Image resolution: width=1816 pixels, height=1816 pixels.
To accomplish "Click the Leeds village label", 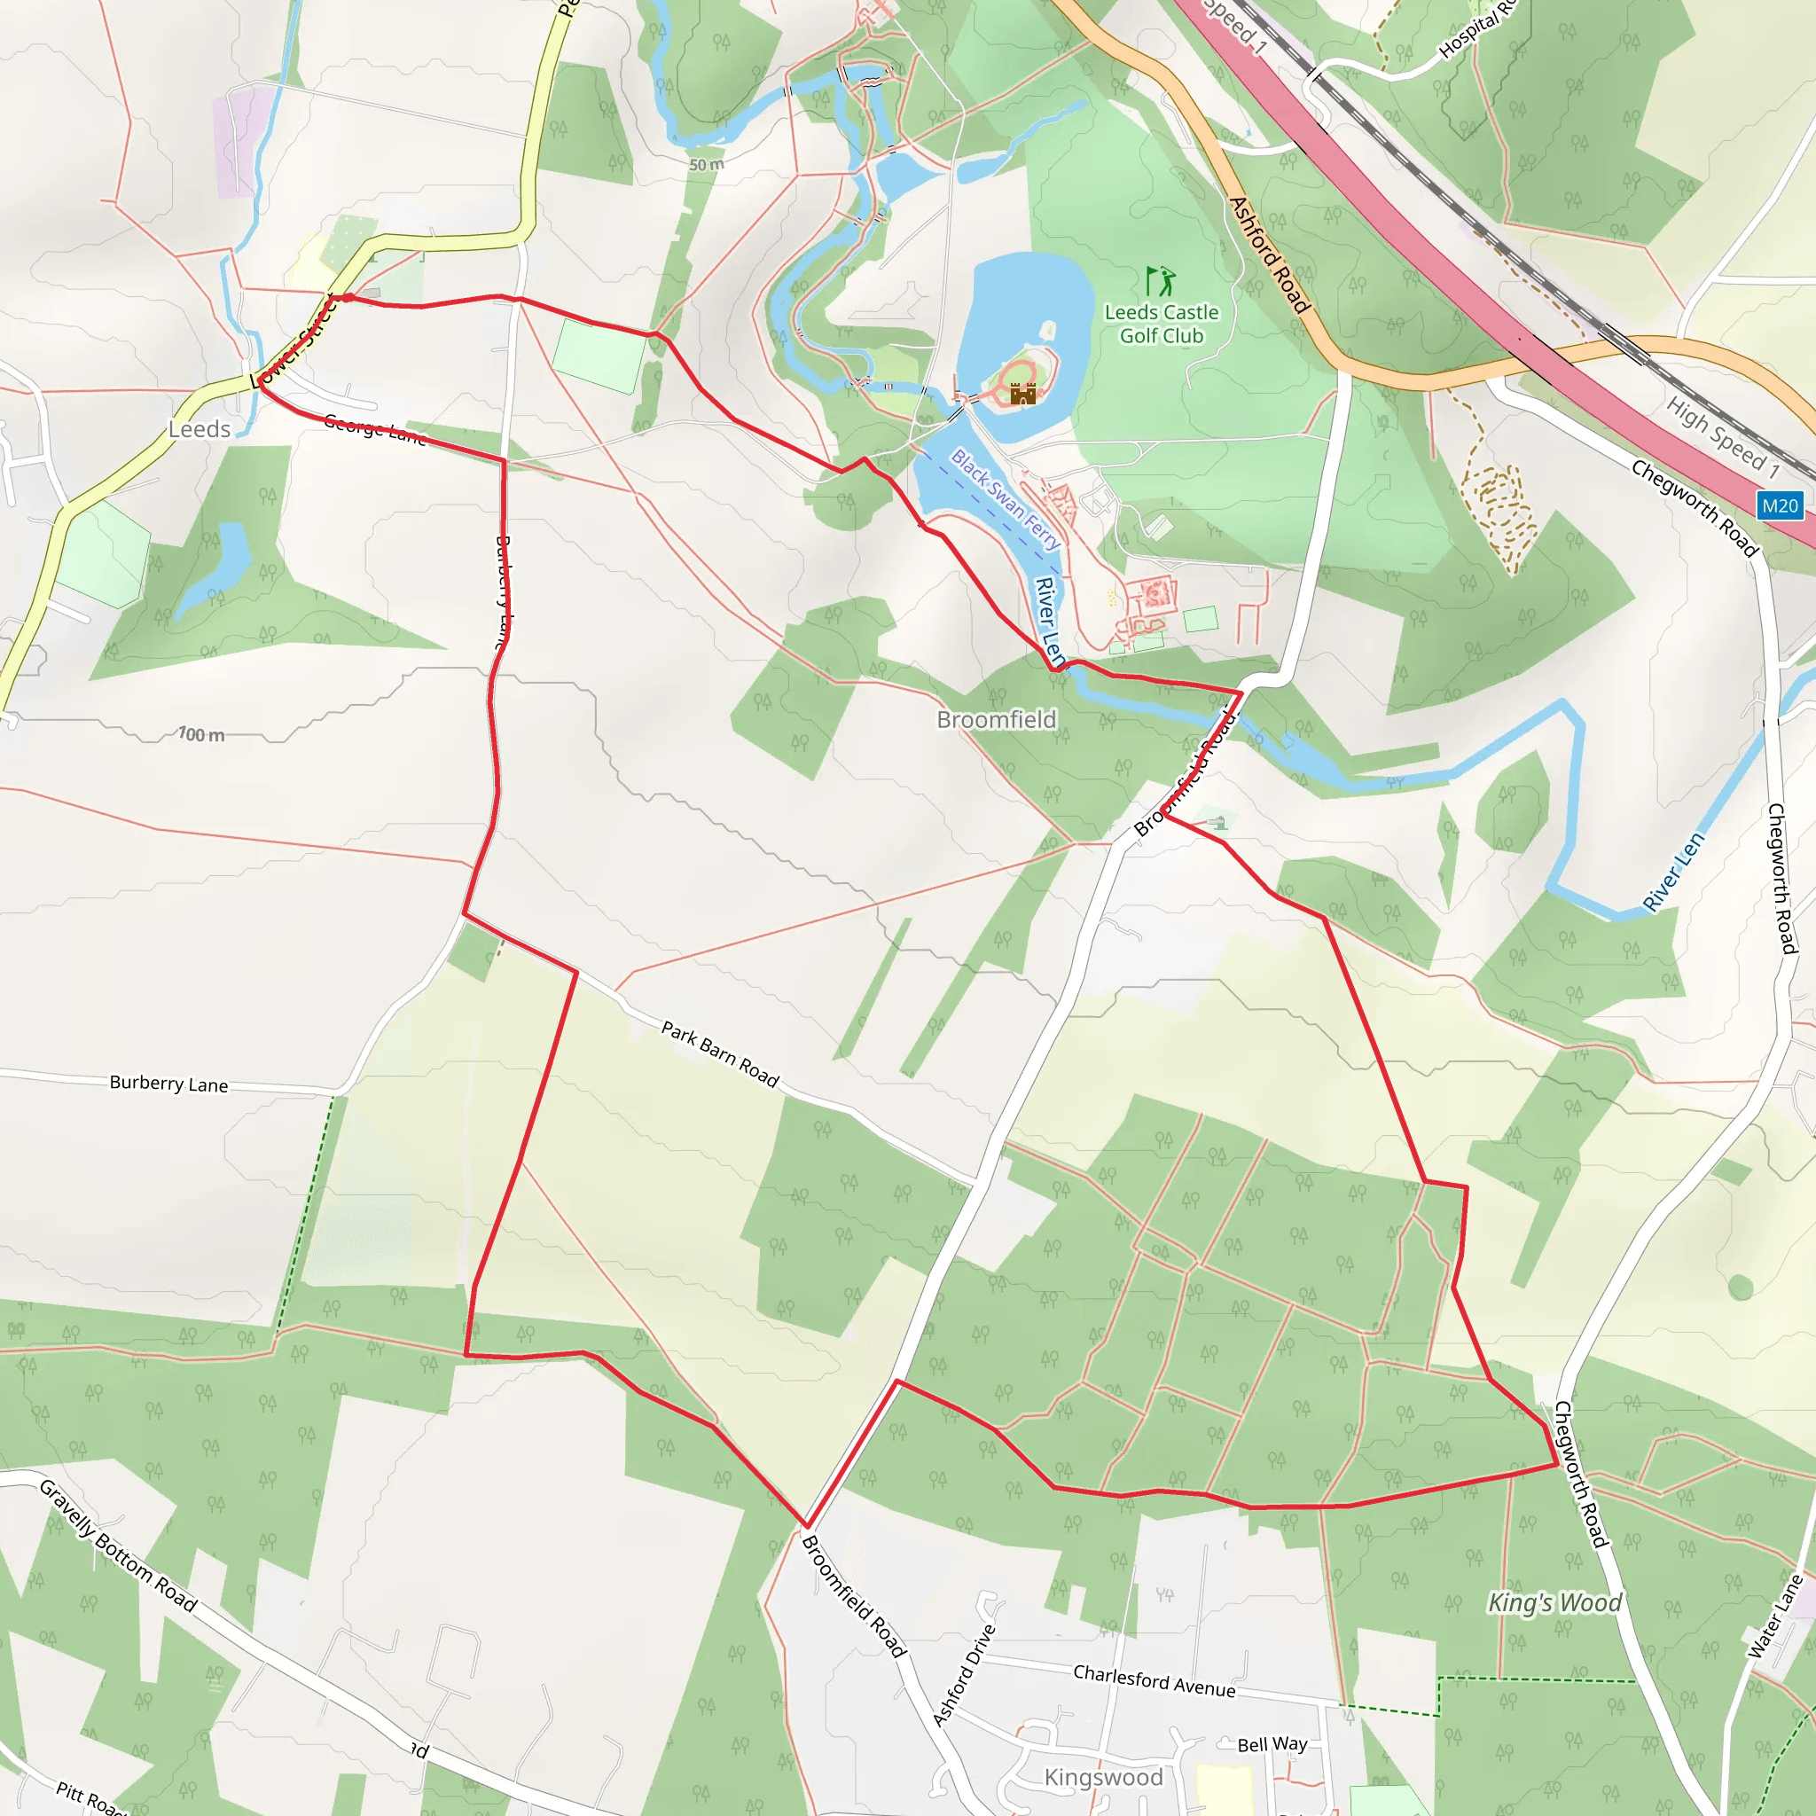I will [200, 429].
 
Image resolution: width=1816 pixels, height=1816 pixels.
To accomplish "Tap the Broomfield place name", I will [997, 719].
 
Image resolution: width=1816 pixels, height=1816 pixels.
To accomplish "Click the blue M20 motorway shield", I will [1780, 505].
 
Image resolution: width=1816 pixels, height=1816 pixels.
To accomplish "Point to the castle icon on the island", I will [1022, 393].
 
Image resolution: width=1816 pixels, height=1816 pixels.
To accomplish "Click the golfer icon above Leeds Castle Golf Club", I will [1160, 281].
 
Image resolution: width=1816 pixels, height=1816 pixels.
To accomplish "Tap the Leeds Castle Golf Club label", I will [1161, 324].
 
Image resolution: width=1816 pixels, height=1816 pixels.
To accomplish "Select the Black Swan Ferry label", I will [1005, 499].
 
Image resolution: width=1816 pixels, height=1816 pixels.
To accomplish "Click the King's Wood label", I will [1554, 1602].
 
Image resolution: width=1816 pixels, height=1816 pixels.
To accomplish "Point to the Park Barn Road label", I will [720, 1054].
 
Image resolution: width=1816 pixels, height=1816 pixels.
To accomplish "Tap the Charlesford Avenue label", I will [1155, 1680].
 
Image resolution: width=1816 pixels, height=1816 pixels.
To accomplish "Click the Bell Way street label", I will [1272, 1743].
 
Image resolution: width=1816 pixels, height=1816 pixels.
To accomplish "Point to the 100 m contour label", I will [202, 734].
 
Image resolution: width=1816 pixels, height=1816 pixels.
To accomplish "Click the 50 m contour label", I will [706, 165].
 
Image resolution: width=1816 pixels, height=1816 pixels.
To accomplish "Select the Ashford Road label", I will [1268, 254].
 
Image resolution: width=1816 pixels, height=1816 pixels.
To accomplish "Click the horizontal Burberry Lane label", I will [169, 1083].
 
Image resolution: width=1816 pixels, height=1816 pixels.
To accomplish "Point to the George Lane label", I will [374, 428].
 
